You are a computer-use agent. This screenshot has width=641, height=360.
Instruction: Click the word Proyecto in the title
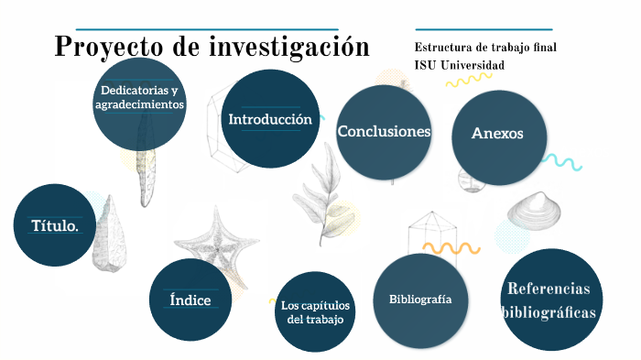click(106, 46)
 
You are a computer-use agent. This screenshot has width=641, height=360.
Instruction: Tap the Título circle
click(55, 225)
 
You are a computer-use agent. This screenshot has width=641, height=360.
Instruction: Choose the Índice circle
click(190, 300)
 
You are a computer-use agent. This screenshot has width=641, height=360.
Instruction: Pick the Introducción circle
click(270, 117)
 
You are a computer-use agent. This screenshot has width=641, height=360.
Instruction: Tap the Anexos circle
click(497, 134)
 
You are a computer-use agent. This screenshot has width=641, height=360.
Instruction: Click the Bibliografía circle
click(421, 299)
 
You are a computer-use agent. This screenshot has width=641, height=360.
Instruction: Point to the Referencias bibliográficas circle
click(551, 300)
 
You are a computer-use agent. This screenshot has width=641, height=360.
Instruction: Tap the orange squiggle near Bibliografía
click(451, 248)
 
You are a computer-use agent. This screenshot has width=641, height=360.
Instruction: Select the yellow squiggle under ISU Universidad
click(468, 81)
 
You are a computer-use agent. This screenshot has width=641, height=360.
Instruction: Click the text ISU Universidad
click(459, 65)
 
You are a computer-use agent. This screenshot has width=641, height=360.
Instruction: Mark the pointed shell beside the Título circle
click(109, 235)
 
